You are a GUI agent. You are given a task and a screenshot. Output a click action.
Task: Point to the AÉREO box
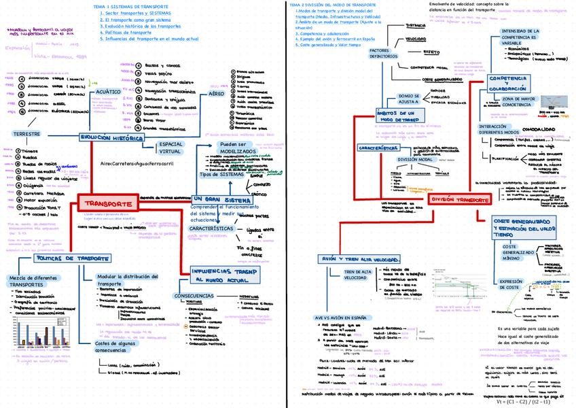[216, 95]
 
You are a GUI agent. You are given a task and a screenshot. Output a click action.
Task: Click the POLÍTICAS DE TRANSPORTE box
[73, 259]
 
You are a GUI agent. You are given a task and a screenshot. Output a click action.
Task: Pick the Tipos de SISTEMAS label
[221, 175]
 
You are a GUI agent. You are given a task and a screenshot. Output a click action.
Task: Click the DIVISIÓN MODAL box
[416, 159]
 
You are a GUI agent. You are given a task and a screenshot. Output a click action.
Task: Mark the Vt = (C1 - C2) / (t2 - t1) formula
[535, 401]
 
